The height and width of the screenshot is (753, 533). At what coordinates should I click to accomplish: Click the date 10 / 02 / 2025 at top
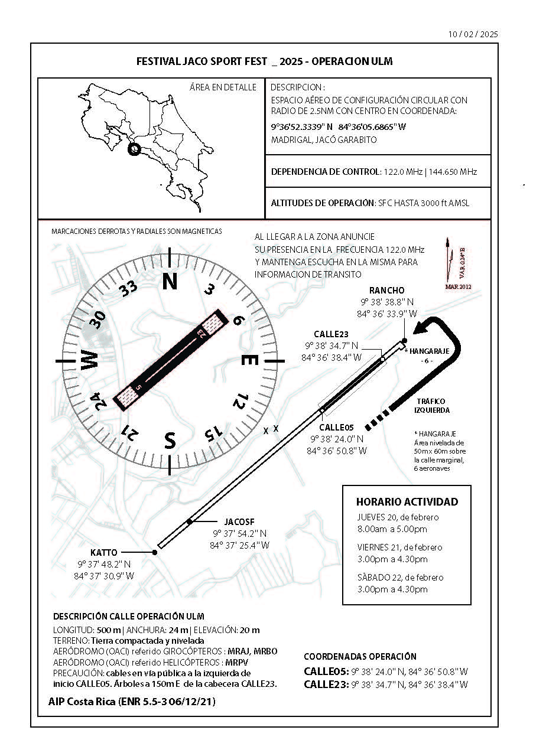[x=473, y=34]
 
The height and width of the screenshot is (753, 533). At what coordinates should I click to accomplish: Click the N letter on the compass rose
[x=170, y=281]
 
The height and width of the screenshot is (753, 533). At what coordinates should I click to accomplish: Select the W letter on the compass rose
[x=90, y=360]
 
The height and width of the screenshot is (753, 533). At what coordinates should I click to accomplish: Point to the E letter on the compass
[x=249, y=360]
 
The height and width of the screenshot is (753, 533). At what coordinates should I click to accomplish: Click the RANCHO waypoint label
[x=387, y=290]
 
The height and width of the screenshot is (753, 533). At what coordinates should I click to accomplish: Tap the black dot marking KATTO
[x=155, y=552]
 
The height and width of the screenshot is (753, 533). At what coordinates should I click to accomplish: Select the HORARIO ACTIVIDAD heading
[x=407, y=502]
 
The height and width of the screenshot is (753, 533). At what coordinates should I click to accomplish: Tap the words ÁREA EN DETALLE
[x=223, y=87]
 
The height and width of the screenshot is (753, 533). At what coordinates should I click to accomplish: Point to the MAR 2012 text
[x=458, y=286]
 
